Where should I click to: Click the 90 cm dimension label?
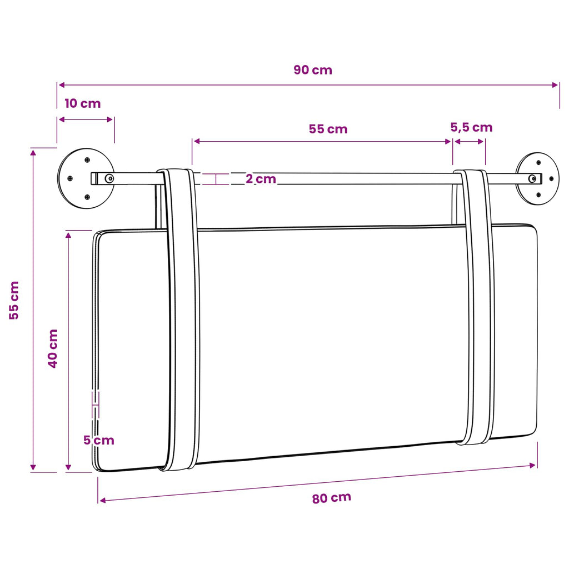tap(313, 69)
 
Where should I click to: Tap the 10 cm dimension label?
tap(82, 103)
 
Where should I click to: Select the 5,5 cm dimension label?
tap(471, 127)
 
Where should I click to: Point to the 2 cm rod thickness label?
tap(261, 178)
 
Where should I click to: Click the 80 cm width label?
tap(332, 498)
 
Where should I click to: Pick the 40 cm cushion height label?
tap(53, 349)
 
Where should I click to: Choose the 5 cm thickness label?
tap(99, 440)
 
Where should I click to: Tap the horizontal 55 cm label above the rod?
tap(328, 129)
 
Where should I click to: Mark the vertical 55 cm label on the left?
tap(14, 301)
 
